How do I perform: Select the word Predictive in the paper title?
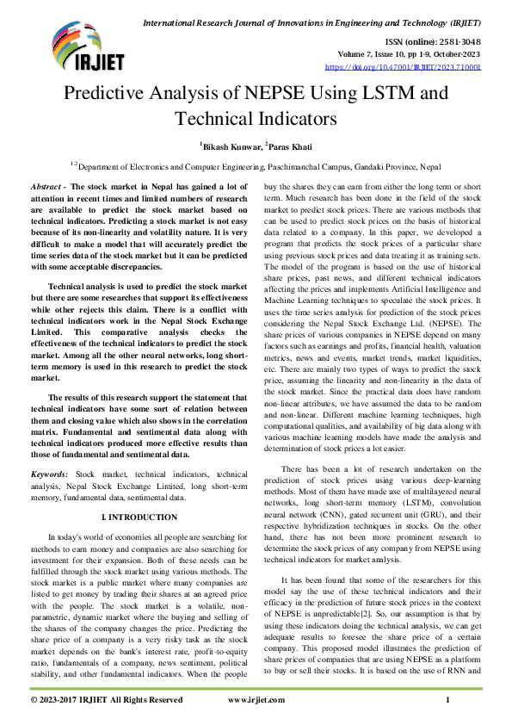click(115, 93)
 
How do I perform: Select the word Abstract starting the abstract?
click(46, 186)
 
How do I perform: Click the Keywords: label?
click(51, 474)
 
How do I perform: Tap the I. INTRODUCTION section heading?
click(139, 517)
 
